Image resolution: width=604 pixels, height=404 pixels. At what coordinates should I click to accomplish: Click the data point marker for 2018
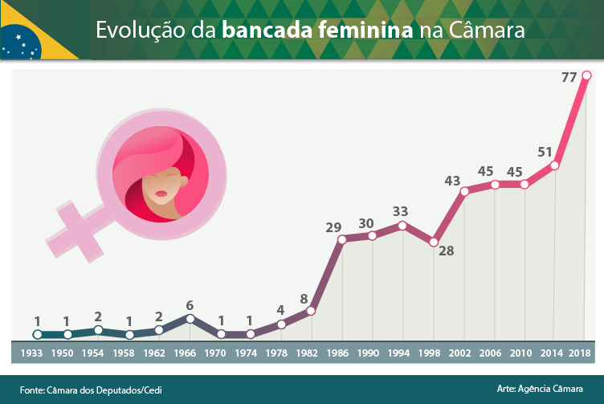click(586, 75)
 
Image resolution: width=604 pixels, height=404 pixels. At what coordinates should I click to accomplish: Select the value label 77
click(569, 78)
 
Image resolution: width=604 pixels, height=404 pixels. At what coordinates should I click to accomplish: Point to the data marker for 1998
click(434, 242)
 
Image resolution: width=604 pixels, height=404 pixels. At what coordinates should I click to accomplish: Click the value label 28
click(446, 251)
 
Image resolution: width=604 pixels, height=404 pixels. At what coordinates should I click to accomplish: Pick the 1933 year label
click(32, 353)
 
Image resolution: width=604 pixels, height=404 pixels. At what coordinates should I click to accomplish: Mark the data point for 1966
click(190, 318)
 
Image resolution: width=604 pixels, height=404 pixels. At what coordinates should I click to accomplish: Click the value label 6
click(190, 305)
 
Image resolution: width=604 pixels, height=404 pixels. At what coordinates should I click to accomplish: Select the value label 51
click(545, 152)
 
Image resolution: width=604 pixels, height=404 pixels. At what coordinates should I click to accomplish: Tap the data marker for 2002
click(464, 191)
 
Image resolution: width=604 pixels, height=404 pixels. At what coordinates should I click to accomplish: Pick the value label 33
click(400, 211)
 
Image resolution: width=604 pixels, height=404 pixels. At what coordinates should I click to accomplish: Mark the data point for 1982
click(312, 311)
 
